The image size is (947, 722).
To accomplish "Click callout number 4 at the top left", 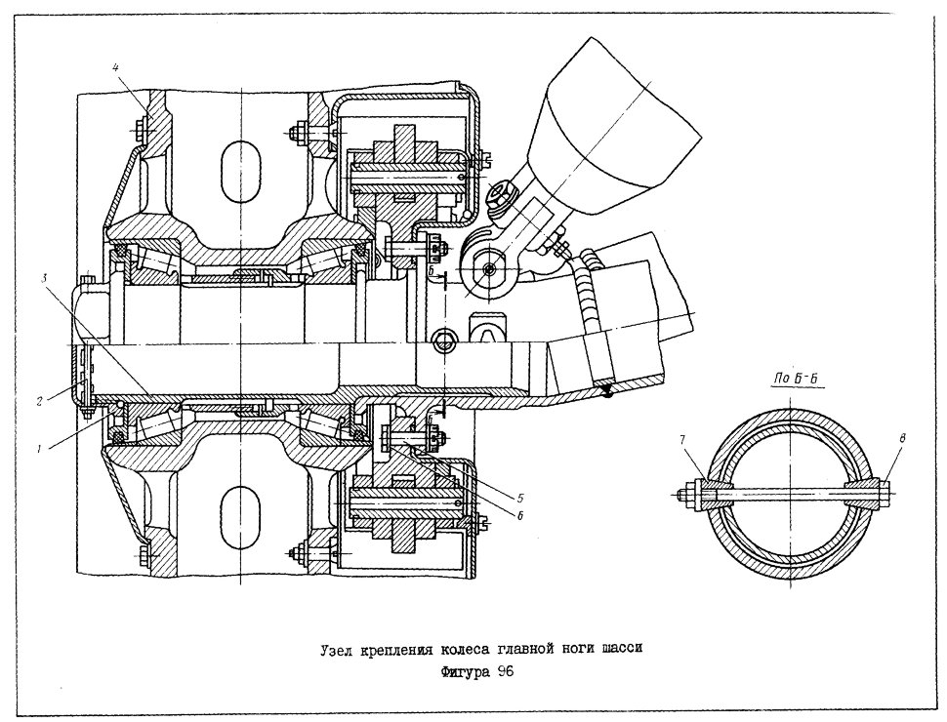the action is coord(115,67).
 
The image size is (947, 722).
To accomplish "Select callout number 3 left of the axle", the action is coord(45,279).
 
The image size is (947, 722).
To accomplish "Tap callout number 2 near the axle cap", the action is coord(39,401).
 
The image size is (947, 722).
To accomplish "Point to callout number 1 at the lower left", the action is coord(39,449).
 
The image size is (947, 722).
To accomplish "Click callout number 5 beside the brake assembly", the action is coord(519,498).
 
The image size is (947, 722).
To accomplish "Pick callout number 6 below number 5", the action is coord(519,516).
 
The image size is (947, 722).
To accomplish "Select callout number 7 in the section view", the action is coord(684,439).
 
